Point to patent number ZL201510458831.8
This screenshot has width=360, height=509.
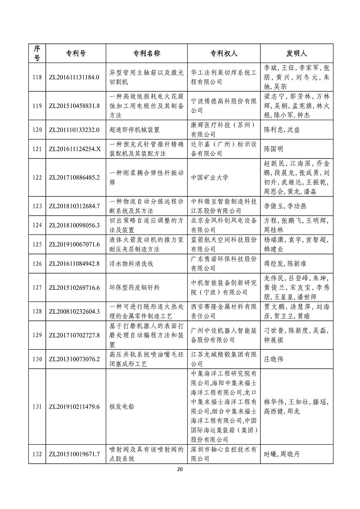point(74,106)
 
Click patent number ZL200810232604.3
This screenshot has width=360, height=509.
point(74,311)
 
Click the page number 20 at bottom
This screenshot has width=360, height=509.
point(180,469)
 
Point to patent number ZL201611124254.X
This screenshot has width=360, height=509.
point(74,149)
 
